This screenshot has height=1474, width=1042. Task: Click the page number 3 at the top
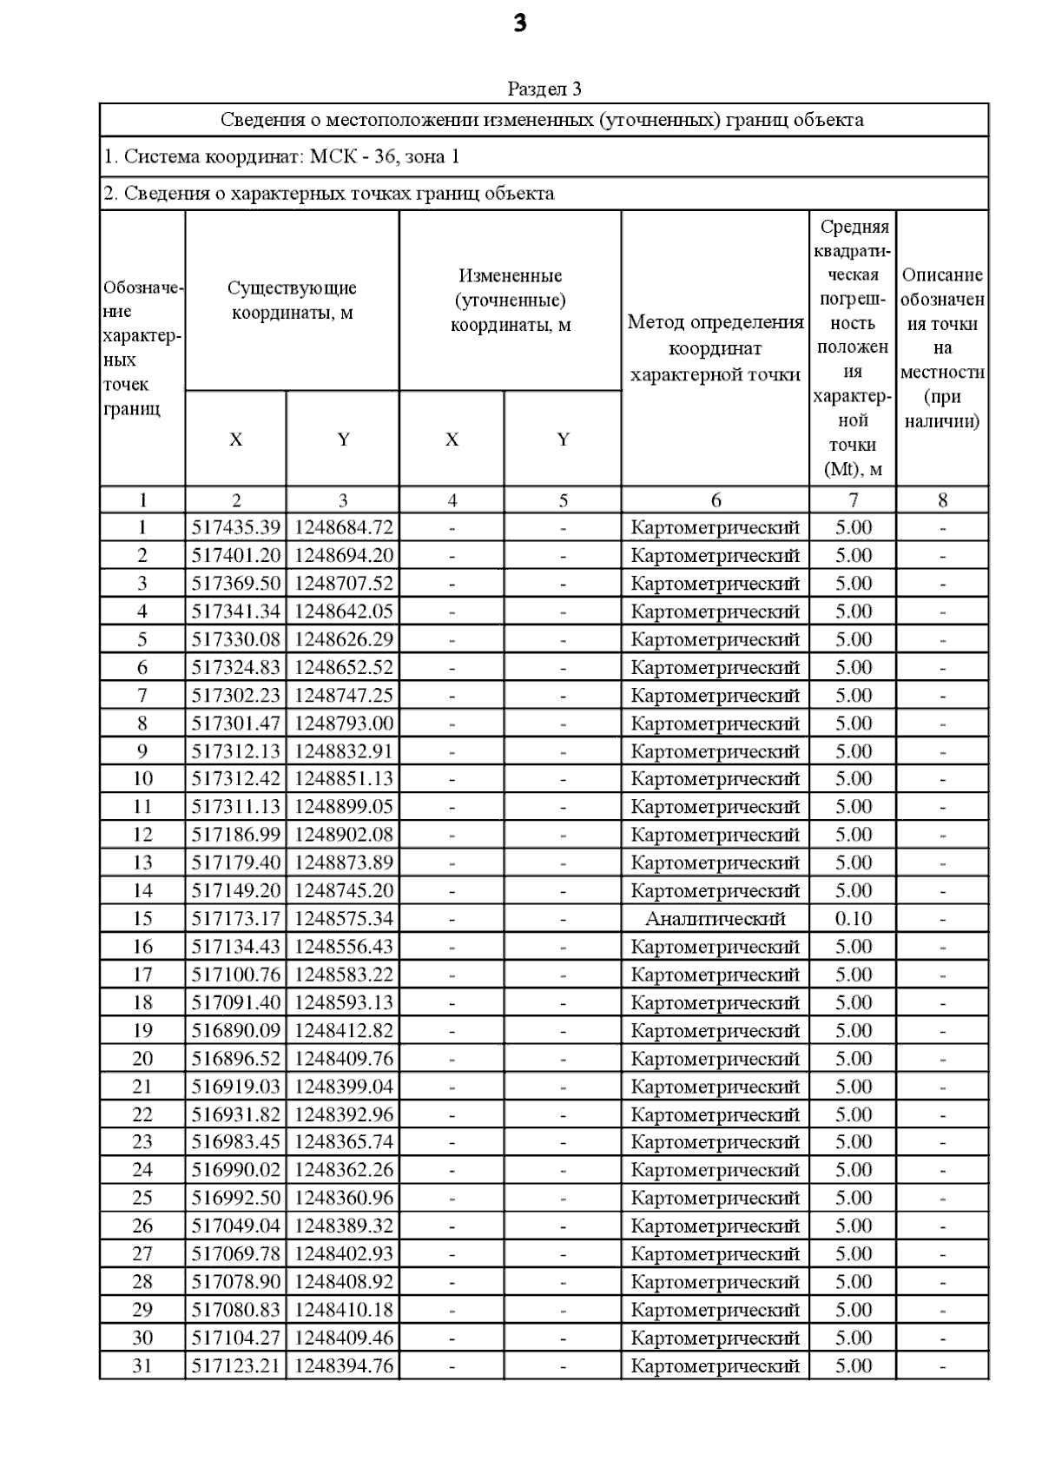[520, 24]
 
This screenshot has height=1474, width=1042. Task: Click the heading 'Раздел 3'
[544, 89]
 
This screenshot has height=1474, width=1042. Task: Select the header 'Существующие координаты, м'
[292, 300]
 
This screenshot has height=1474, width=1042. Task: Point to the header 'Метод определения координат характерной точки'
[715, 348]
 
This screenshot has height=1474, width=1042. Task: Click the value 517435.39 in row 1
[235, 527]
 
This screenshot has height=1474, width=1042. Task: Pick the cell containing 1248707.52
[343, 584]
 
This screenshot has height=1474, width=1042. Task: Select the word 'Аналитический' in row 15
[715, 919]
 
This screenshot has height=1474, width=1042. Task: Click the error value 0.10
[853, 919]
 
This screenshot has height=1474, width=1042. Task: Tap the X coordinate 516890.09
[235, 1031]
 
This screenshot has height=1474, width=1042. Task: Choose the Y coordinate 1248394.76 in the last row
[343, 1366]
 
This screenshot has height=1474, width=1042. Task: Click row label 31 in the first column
[142, 1366]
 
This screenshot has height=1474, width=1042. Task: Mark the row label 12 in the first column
[142, 835]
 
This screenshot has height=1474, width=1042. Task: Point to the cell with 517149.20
[235, 891]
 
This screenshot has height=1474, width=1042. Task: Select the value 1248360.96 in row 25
[343, 1199]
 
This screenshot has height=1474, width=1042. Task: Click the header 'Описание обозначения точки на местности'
[942, 348]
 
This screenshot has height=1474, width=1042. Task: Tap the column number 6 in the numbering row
[716, 500]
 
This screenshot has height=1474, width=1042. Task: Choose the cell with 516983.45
[235, 1142]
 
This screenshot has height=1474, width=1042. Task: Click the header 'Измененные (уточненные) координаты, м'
[510, 301]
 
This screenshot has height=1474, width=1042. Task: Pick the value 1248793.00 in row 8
[343, 724]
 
